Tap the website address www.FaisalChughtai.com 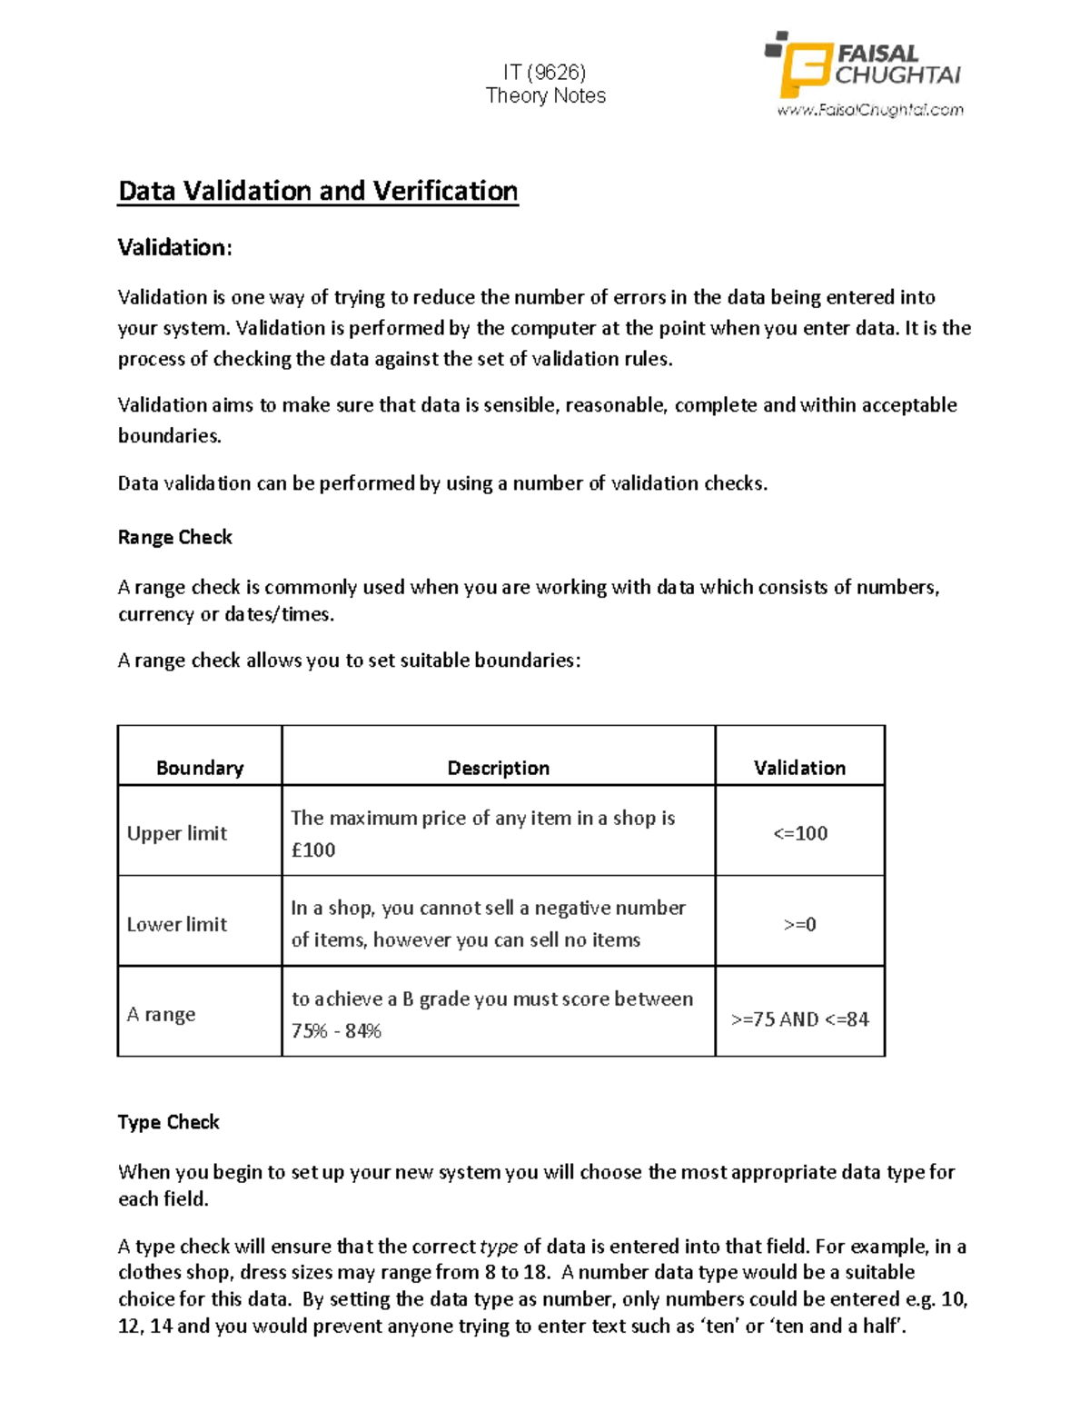click(869, 110)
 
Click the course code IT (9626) click(545, 72)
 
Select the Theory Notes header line click(545, 95)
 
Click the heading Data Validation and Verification click(318, 191)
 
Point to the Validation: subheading click(174, 247)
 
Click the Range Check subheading click(174, 537)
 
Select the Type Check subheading click(168, 1122)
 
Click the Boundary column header click(200, 768)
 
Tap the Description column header click(498, 768)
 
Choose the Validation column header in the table click(799, 768)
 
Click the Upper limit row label click(177, 833)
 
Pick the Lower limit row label click(177, 924)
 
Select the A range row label click(162, 1014)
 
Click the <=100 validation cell click(800, 833)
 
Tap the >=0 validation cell click(800, 924)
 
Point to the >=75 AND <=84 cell click(799, 1019)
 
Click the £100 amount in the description click(313, 850)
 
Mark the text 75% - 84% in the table click(336, 1030)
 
